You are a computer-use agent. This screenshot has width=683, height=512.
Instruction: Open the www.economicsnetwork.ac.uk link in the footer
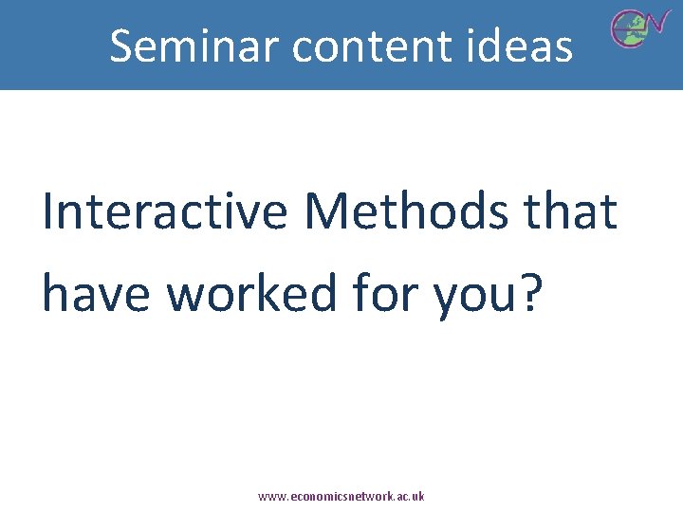pos(341,496)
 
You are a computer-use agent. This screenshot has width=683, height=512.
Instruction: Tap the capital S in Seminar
pos(121,46)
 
